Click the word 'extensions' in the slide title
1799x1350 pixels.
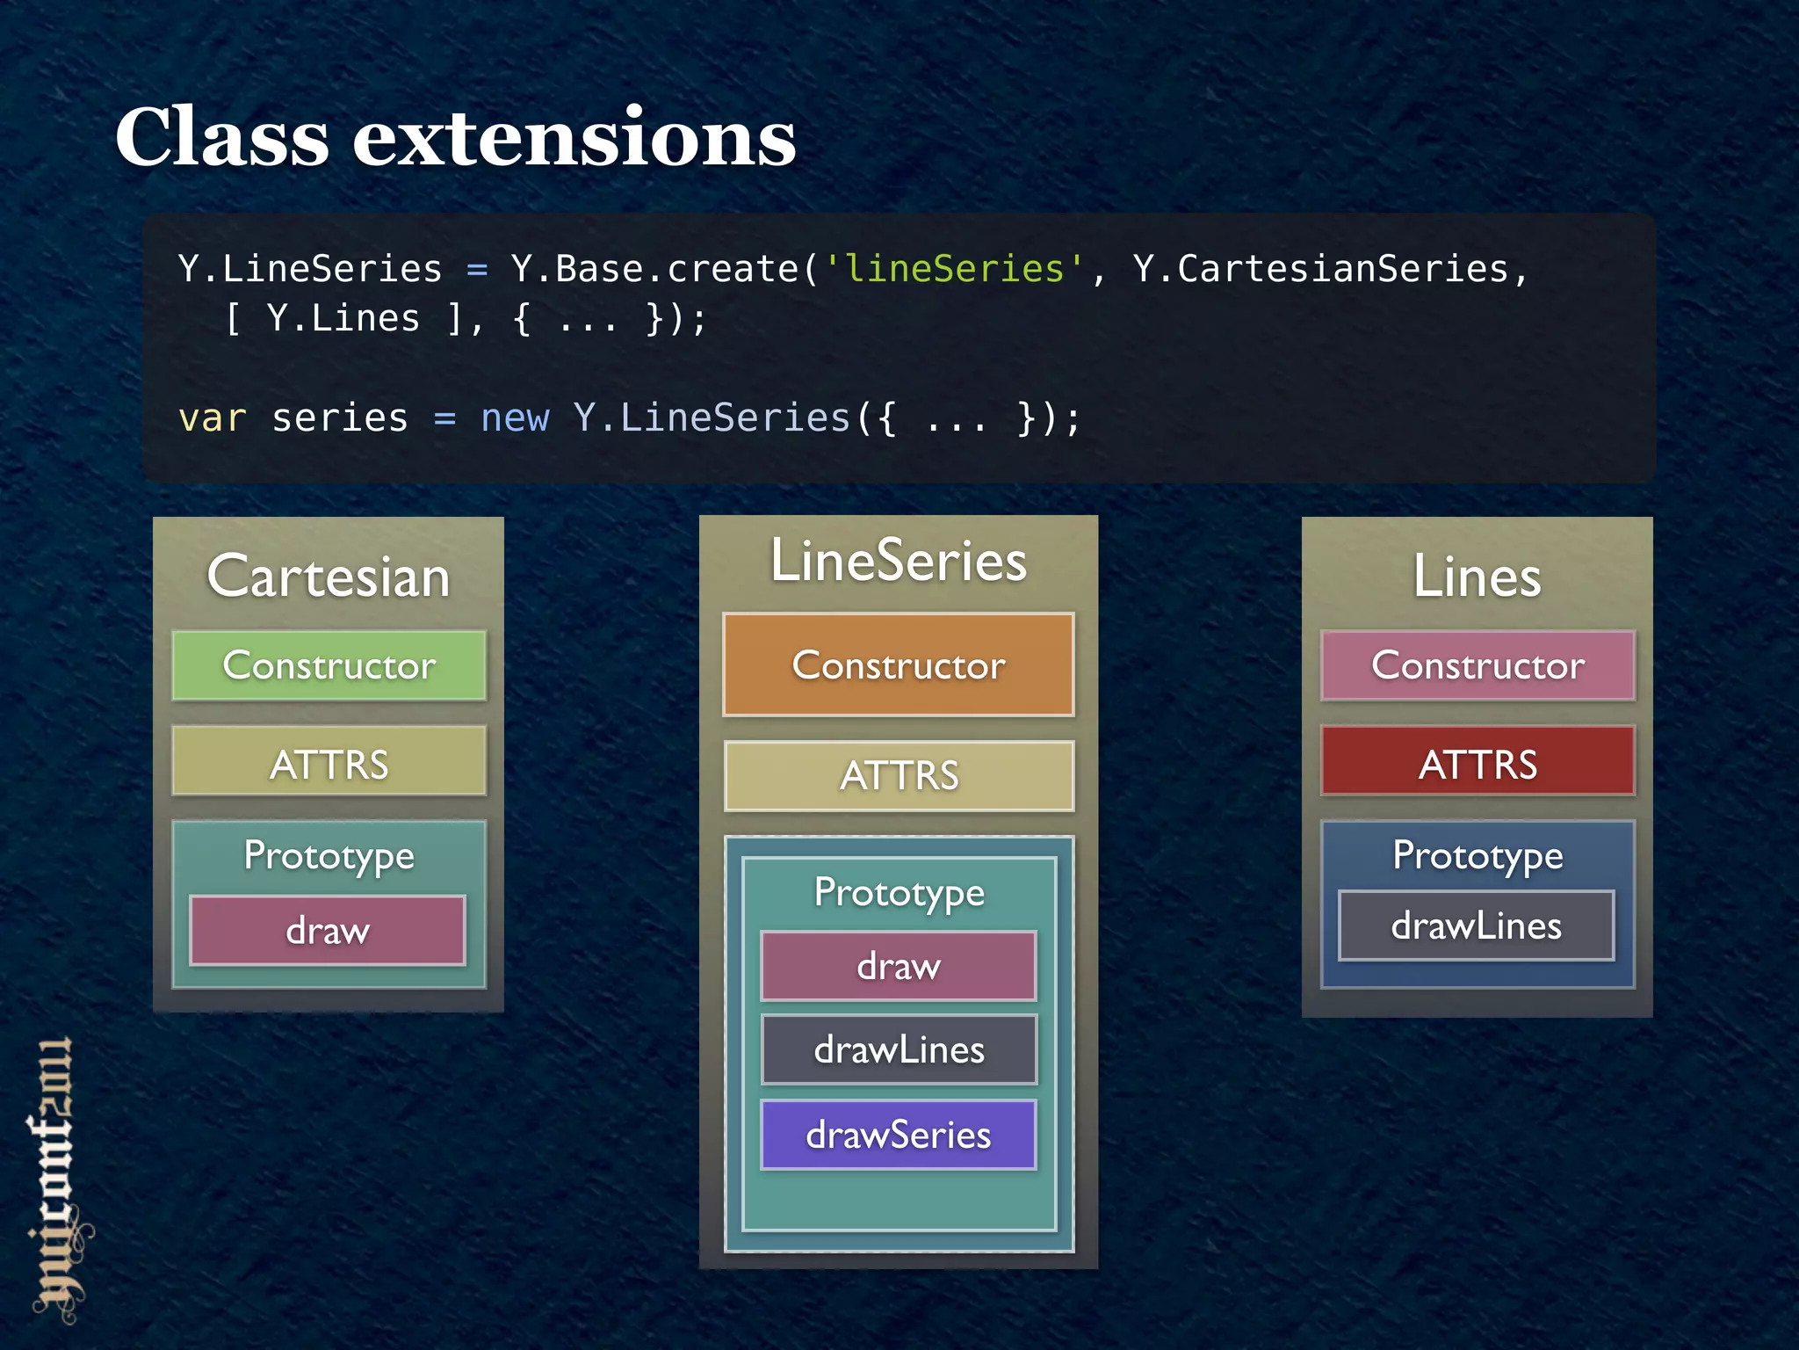(x=574, y=139)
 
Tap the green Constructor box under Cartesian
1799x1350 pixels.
(x=329, y=665)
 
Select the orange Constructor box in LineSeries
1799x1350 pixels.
(x=898, y=665)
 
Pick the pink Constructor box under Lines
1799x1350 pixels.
(x=1477, y=665)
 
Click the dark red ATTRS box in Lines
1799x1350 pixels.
(x=1477, y=762)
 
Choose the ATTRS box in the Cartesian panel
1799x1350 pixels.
(x=329, y=762)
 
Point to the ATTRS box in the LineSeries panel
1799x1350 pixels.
(x=898, y=775)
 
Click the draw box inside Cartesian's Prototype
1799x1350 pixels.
(x=327, y=930)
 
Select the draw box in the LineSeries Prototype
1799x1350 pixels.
(x=898, y=966)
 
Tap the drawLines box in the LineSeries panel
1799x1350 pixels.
(x=898, y=1049)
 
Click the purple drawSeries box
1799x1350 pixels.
(x=898, y=1135)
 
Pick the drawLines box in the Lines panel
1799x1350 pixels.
(x=1476, y=925)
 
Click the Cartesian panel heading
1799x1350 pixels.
(x=329, y=577)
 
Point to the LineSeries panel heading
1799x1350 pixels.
(x=898, y=561)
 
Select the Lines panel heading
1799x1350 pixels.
(x=1477, y=577)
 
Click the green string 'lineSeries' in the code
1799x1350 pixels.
(x=954, y=269)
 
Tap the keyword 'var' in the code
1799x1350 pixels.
(x=212, y=418)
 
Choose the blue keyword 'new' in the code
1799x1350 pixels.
(x=515, y=418)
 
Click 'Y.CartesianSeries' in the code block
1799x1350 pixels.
(x=1320, y=269)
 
